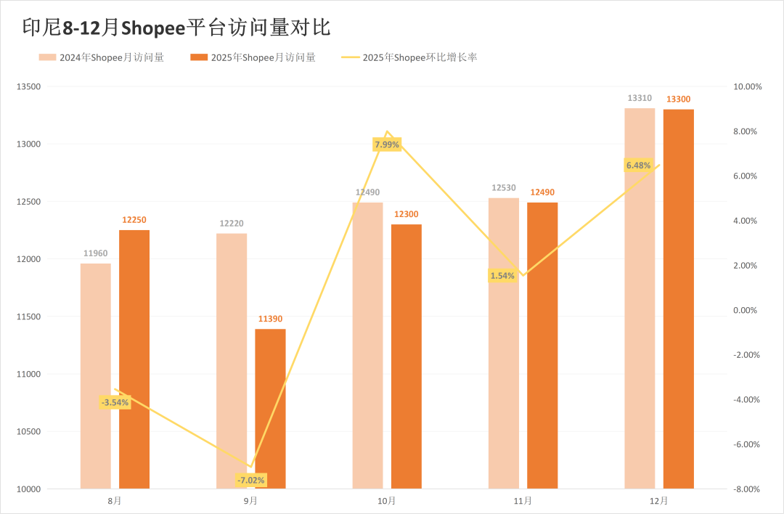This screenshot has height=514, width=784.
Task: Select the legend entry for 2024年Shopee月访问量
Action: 101,57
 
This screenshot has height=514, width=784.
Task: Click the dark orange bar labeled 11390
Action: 270,409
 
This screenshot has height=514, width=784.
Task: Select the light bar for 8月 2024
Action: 96,375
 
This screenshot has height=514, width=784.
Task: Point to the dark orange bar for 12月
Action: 678,298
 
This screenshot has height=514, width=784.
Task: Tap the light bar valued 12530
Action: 504,343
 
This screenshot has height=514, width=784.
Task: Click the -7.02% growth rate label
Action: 251,480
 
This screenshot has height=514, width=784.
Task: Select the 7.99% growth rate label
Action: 387,144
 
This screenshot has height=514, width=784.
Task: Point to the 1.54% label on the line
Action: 502,276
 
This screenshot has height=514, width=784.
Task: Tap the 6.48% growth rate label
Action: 639,166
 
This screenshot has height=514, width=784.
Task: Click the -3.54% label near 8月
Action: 115,402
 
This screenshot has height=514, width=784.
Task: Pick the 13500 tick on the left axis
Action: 29,87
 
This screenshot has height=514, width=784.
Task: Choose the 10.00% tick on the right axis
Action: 747,87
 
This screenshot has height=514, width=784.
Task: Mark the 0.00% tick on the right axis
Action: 747,311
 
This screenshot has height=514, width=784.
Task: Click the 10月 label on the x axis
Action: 387,501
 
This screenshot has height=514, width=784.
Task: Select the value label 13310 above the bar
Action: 640,98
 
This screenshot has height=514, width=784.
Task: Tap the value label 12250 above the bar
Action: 134,220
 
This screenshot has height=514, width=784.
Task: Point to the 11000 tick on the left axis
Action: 29,375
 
